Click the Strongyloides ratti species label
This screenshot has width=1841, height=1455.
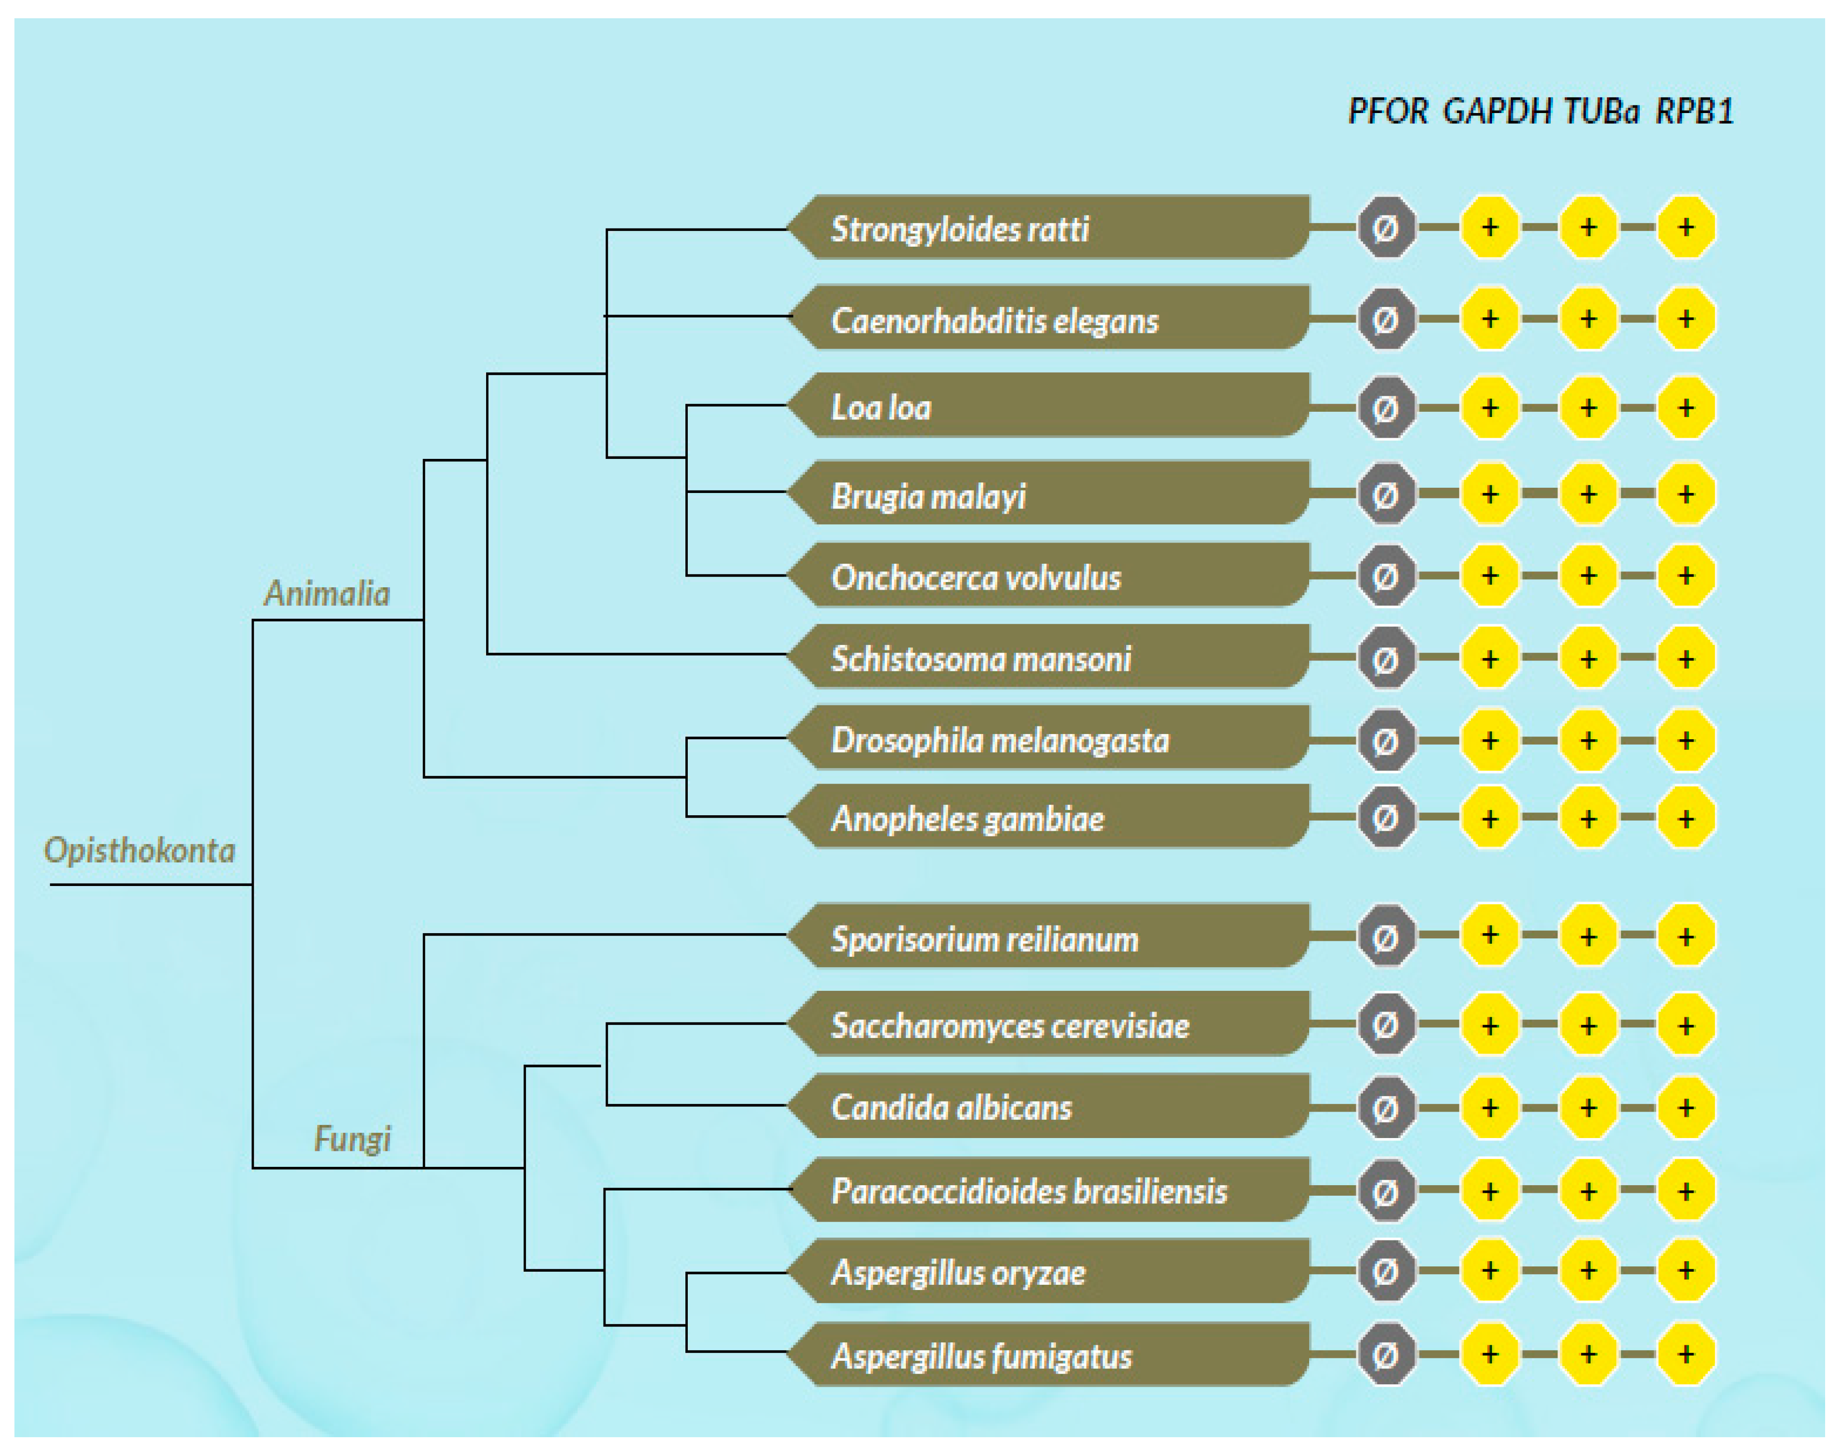click(x=960, y=228)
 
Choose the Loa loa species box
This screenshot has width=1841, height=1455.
click(x=1048, y=406)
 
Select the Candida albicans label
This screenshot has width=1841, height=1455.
click(x=951, y=1107)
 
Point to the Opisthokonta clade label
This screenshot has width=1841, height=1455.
click(x=139, y=850)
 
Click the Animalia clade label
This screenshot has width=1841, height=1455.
click(x=326, y=593)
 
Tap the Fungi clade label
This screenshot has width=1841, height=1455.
click(x=352, y=1138)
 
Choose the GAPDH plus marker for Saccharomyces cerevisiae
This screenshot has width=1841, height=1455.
click(x=1490, y=1025)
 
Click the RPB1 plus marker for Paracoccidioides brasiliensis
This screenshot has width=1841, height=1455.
click(x=1686, y=1190)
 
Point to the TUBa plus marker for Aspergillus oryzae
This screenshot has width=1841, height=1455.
click(x=1588, y=1271)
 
